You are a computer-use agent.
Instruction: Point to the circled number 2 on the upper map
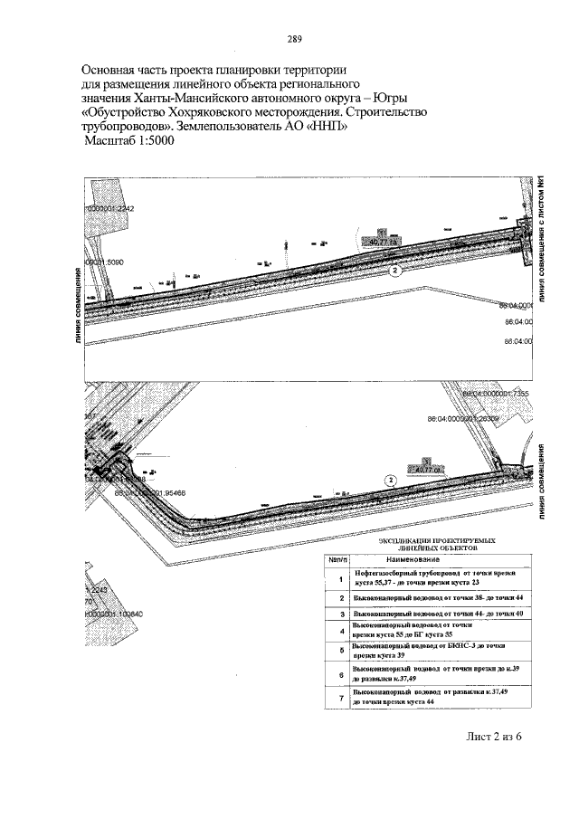click(x=395, y=270)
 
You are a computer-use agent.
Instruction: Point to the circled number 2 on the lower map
click(x=390, y=480)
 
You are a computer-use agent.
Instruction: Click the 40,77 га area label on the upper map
click(x=384, y=242)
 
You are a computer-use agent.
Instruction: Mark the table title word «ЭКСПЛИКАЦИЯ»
click(x=405, y=538)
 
